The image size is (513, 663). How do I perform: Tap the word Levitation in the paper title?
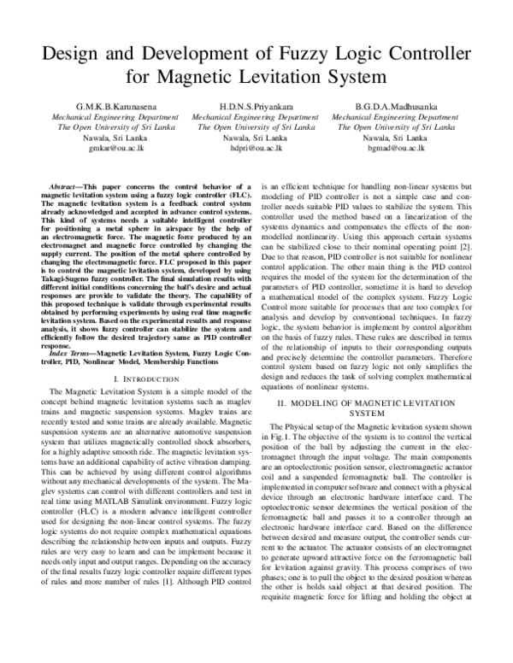pyautogui.click(x=288, y=79)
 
